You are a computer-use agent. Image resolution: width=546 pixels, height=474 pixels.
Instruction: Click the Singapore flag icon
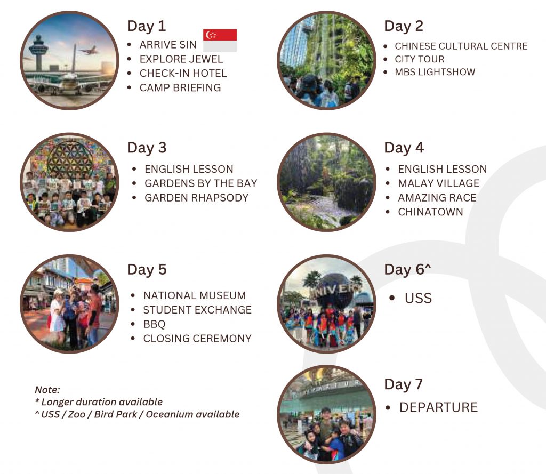click(x=220, y=41)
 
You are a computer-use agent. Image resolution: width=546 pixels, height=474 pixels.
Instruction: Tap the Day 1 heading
click(x=146, y=26)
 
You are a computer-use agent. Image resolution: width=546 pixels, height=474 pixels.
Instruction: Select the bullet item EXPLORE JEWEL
click(x=181, y=59)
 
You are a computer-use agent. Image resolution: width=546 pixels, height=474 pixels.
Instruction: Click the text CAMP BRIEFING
click(x=180, y=88)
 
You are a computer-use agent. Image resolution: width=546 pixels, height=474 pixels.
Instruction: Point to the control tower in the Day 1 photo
click(x=38, y=53)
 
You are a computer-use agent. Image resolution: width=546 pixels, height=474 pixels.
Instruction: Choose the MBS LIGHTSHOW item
click(x=435, y=72)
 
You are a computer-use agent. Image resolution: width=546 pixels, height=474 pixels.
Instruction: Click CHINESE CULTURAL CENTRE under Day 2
click(x=461, y=46)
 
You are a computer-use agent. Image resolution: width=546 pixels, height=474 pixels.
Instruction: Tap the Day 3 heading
click(x=147, y=148)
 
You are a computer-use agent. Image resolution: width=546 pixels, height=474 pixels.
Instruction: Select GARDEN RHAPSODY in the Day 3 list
click(x=196, y=198)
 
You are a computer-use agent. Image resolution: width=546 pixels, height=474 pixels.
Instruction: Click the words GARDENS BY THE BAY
click(x=201, y=183)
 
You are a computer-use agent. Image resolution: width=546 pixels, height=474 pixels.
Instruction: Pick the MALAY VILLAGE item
click(x=438, y=183)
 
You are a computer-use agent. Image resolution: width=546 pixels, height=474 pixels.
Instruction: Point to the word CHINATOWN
click(x=430, y=212)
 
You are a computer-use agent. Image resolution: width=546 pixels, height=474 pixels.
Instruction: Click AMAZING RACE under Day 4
click(x=437, y=198)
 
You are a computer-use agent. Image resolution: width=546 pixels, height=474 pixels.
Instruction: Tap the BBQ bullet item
click(x=154, y=324)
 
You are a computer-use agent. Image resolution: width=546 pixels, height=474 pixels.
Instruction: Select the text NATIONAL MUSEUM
click(x=194, y=296)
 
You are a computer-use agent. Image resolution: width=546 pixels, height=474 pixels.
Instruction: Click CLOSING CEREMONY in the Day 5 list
click(x=197, y=339)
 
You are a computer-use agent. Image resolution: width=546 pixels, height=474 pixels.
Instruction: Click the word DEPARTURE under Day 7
click(x=438, y=407)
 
